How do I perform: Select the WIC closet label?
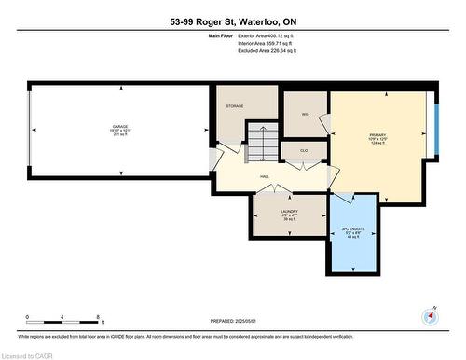305,114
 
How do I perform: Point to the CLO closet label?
304,149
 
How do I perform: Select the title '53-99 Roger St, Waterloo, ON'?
232,21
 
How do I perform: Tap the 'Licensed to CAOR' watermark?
29,353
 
